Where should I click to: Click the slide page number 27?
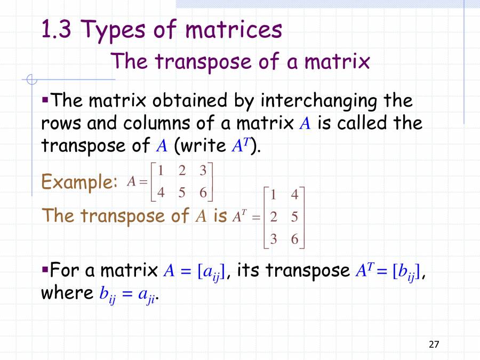pyautogui.click(x=434, y=344)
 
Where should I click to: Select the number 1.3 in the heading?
pyautogui.click(x=57, y=30)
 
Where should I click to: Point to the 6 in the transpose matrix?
pyautogui.click(x=294, y=239)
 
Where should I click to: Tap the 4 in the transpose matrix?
pyautogui.click(x=294, y=195)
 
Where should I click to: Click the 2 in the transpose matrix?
pyautogui.click(x=274, y=218)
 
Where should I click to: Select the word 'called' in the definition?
pyautogui.click(x=362, y=123)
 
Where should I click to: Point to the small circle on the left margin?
pyautogui.click(x=32, y=81)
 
